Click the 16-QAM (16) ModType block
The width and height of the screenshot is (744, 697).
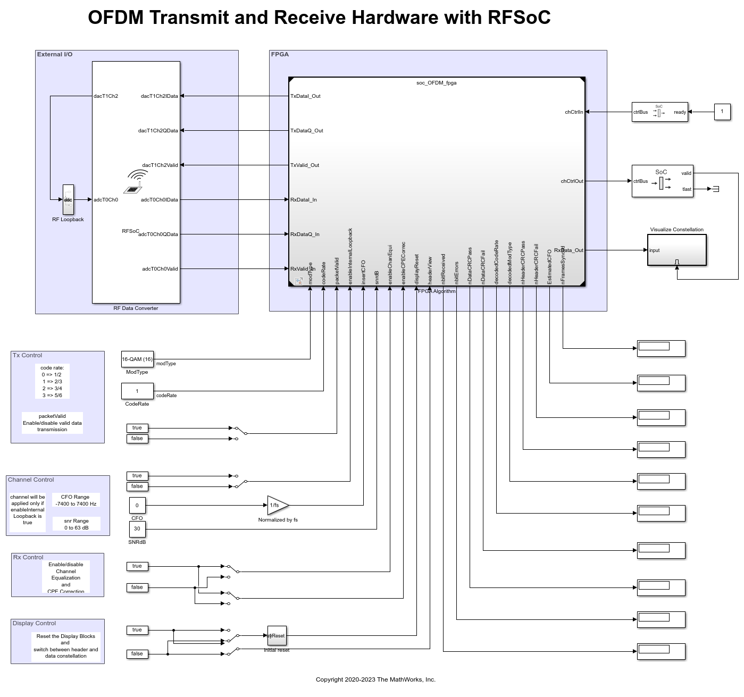(137, 359)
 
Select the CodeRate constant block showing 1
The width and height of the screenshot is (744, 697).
(137, 391)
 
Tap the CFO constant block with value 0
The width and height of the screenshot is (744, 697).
(137, 506)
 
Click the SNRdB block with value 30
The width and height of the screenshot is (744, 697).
(137, 529)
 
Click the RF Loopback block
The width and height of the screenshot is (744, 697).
(68, 200)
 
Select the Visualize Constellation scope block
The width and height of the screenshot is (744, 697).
(677, 250)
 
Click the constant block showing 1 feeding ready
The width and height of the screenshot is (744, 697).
(722, 112)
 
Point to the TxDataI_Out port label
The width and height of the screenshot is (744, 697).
(305, 96)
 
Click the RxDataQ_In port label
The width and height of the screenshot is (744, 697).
(305, 234)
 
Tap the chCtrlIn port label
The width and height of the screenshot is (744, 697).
(574, 112)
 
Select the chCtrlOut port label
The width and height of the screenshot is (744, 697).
(572, 181)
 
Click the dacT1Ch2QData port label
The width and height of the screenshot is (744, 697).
(158, 131)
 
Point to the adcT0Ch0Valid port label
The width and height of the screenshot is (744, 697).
(160, 269)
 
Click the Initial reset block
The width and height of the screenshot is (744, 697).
(277, 636)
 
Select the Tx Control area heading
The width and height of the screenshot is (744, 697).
(27, 356)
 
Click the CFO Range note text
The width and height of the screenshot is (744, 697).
(76, 500)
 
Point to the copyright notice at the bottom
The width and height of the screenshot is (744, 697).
(375, 679)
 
